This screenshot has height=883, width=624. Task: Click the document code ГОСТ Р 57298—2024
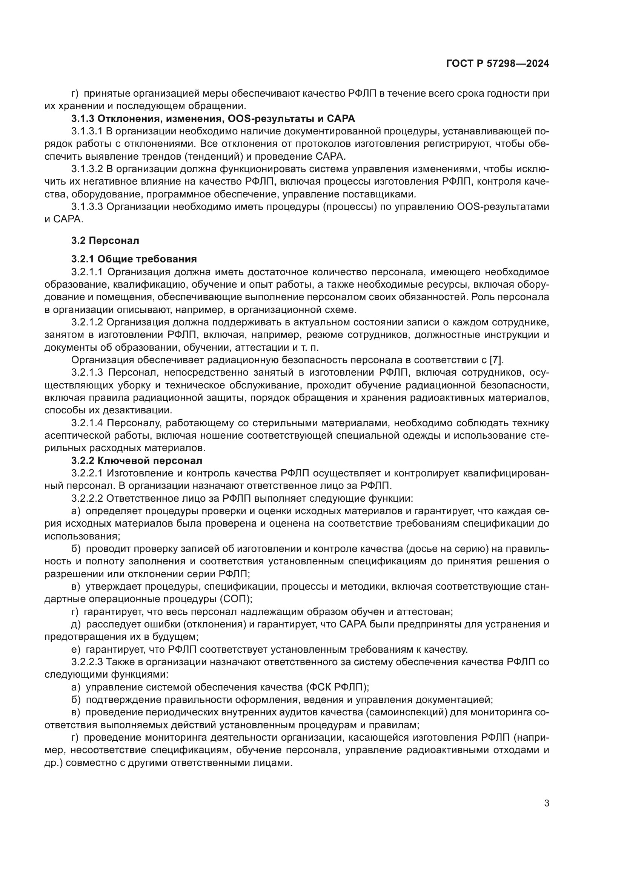[x=497, y=64]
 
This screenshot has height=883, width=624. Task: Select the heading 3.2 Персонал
[x=105, y=241]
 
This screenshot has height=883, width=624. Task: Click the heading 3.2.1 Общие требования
[x=134, y=259]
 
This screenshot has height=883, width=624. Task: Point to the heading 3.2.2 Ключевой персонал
[x=137, y=461]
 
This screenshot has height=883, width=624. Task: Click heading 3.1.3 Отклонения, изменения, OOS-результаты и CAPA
[x=213, y=119]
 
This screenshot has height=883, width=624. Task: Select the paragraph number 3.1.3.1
[x=87, y=131]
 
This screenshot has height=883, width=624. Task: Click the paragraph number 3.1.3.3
[x=87, y=207]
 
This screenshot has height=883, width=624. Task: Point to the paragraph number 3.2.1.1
[x=87, y=272]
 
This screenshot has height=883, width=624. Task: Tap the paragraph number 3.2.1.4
[x=87, y=423]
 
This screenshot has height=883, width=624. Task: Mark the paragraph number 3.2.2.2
[x=87, y=498]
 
